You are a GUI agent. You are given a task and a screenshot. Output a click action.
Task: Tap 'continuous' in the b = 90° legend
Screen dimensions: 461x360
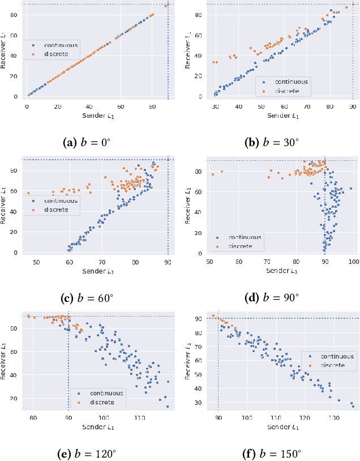tap(245, 238)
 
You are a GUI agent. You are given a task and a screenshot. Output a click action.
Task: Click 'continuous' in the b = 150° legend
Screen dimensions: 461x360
tap(337, 356)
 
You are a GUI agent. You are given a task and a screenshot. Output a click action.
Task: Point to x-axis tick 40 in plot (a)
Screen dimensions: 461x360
tap(89, 106)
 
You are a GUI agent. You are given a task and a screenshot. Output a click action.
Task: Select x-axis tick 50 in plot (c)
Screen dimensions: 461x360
tap(36, 262)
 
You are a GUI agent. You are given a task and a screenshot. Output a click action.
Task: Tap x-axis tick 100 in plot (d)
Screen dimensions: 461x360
tap(354, 262)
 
